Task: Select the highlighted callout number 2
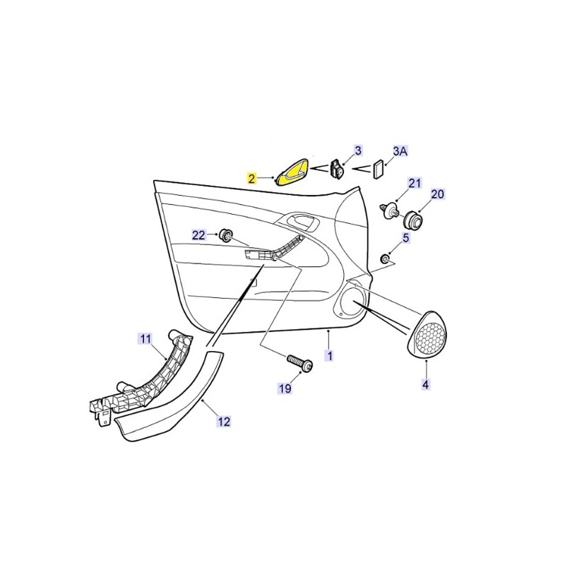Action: (251, 179)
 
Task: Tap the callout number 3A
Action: (400, 151)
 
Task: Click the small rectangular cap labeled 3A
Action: (379, 168)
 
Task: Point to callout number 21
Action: (415, 183)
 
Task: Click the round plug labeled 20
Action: (412, 220)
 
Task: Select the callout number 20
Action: (437, 194)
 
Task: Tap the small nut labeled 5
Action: (385, 258)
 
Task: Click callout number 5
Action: (405, 238)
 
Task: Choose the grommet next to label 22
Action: (226, 235)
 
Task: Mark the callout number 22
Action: (198, 235)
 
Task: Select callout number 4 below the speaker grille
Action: (426, 384)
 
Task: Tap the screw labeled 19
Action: (299, 363)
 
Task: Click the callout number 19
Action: (285, 388)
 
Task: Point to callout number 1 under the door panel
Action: (329, 356)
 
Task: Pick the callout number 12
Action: (224, 421)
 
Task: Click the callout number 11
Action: (145, 339)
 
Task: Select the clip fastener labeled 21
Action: (390, 210)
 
